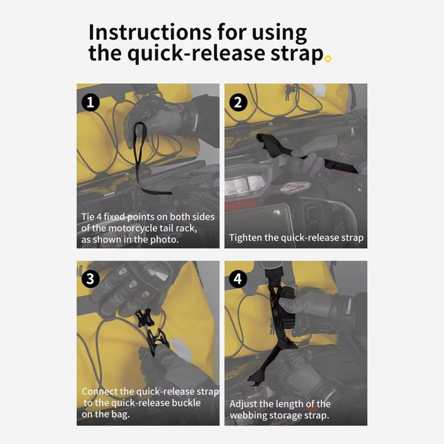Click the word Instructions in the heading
coord(150,32)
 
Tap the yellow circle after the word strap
coord(328,59)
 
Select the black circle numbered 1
coord(91,102)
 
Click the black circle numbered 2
coord(238,102)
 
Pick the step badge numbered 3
coord(91,279)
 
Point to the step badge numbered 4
coord(238,279)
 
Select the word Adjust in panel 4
coord(243,404)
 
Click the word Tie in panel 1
coord(87,217)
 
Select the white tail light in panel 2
coord(245,185)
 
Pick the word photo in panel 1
coord(165,240)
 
